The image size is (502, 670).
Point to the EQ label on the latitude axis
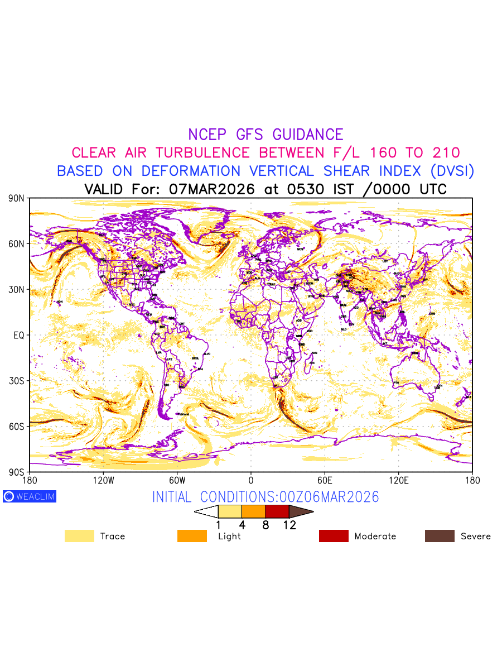[19, 335]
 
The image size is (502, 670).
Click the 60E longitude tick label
[324, 480]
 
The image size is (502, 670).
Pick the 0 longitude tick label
[250, 480]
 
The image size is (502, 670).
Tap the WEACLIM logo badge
[30, 496]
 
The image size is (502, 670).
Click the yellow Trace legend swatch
[79, 536]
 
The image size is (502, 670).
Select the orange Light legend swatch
[192, 536]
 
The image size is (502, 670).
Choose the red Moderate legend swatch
[334, 536]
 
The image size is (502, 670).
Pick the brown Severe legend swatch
[440, 536]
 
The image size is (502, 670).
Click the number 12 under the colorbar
[289, 525]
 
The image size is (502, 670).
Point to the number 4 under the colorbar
[242, 525]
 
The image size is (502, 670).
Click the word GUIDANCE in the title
[307, 135]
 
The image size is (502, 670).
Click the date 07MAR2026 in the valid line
[212, 189]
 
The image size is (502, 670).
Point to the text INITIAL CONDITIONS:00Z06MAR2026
[266, 497]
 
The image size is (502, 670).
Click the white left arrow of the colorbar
[206, 511]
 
